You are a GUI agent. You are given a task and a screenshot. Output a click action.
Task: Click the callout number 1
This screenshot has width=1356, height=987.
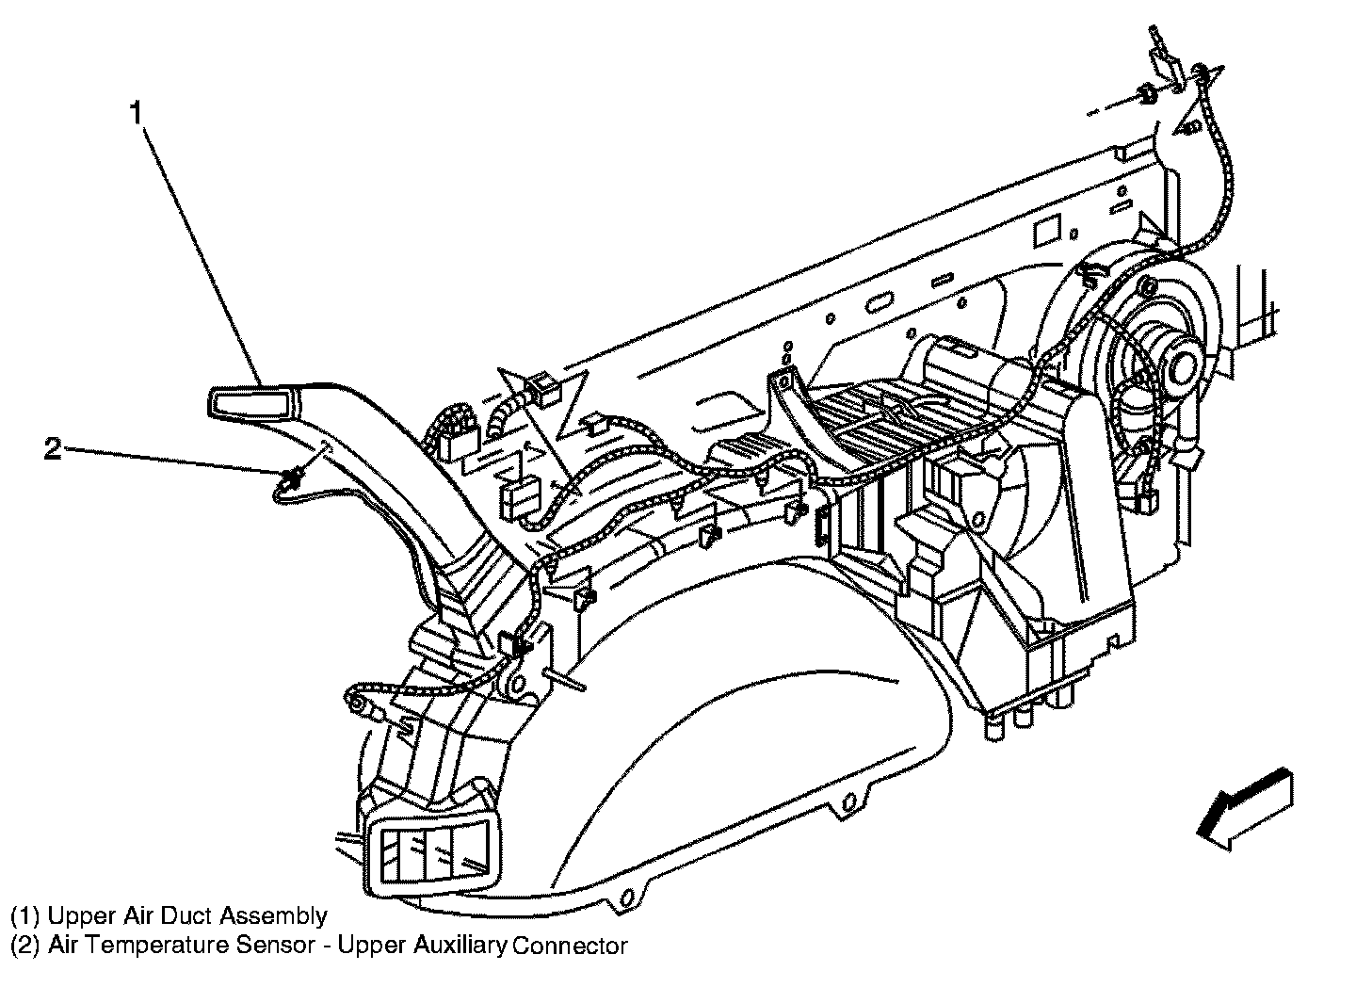tap(137, 113)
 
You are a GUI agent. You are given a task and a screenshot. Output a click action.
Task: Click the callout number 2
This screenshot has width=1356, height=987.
tap(53, 450)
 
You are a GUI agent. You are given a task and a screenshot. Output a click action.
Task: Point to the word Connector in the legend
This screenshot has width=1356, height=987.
tap(570, 946)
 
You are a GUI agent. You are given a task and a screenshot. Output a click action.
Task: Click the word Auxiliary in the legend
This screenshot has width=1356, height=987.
tap(460, 945)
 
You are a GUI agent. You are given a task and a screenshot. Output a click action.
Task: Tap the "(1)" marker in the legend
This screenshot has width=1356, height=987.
tap(25, 916)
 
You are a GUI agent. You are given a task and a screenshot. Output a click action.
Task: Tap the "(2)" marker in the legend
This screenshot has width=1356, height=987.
tap(25, 945)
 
